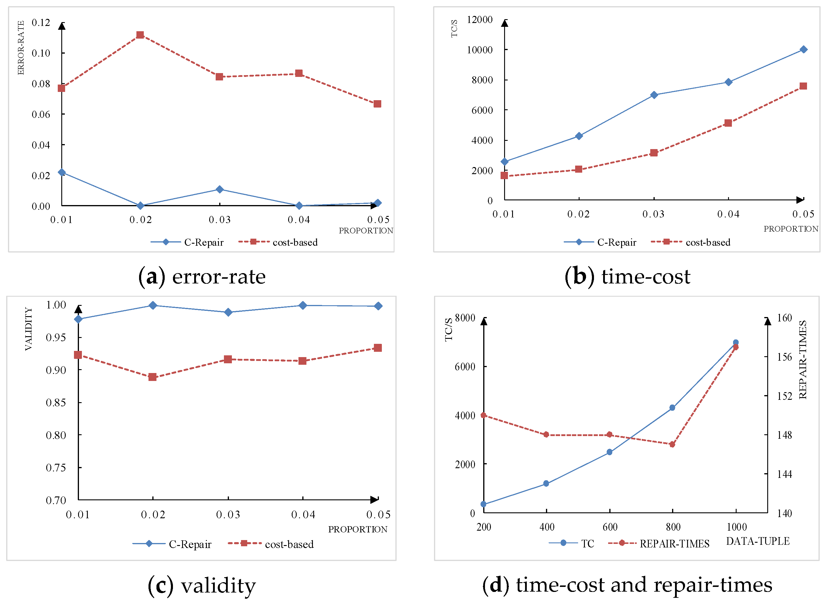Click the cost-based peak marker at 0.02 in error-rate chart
[140, 35]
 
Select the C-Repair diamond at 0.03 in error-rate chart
[220, 189]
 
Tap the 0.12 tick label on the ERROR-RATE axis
[41, 23]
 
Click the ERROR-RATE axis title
[21, 48]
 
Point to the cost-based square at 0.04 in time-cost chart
[728, 123]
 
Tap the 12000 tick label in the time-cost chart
[480, 19]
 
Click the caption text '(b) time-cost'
[627, 277]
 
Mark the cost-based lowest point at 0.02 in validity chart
[153, 377]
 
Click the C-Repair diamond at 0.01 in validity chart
[78, 319]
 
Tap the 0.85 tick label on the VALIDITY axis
[56, 403]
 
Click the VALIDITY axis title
[28, 329]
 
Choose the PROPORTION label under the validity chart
[357, 529]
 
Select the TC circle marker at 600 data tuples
[609, 452]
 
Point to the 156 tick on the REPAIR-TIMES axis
[785, 357]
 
